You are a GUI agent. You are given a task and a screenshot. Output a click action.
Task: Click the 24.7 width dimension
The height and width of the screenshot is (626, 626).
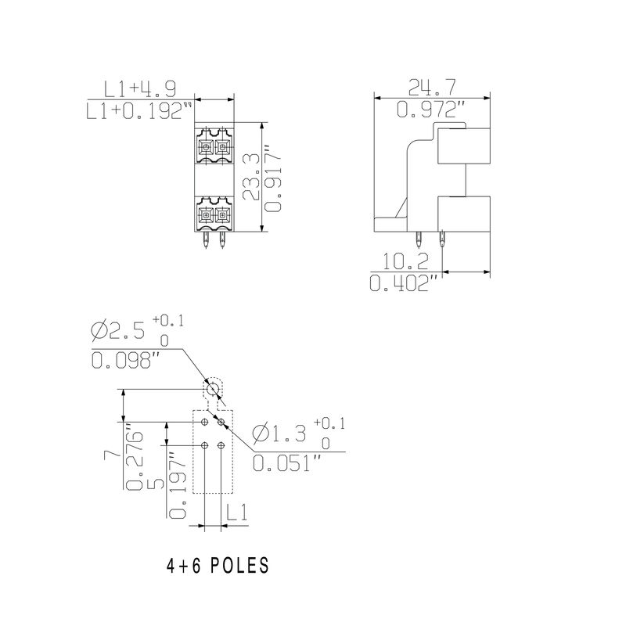point(433,87)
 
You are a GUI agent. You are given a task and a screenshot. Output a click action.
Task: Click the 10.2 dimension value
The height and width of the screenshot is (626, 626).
point(406,261)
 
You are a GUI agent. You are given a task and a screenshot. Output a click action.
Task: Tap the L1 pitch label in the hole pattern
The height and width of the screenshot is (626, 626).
point(237,513)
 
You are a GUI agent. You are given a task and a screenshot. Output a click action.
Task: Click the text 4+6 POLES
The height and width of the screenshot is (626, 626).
point(218,565)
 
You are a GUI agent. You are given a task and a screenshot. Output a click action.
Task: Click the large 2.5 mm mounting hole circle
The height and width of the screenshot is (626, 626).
point(213,388)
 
